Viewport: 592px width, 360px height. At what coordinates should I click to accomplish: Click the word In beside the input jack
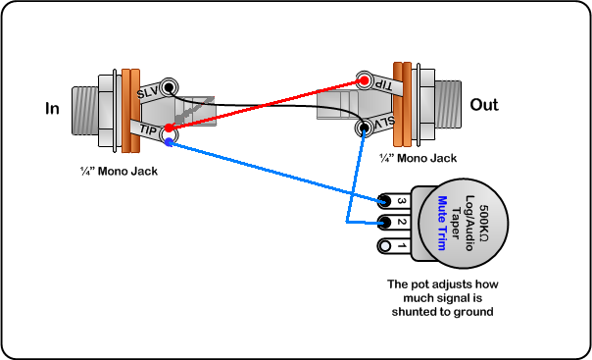[52, 109]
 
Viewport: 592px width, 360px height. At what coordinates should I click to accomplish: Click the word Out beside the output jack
[483, 105]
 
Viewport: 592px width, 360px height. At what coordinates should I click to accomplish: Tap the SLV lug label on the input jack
[148, 92]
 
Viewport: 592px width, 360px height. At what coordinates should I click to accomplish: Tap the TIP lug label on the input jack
[148, 129]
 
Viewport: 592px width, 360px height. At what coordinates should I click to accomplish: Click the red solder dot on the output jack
[364, 80]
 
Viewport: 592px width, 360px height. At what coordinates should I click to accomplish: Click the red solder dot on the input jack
[170, 129]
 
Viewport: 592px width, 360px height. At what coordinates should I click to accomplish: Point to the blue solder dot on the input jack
[169, 142]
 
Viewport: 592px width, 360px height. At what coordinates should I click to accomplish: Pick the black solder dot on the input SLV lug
[169, 87]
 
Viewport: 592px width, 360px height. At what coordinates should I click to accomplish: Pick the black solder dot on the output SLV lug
[364, 128]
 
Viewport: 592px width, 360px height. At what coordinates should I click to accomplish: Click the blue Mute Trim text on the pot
[442, 223]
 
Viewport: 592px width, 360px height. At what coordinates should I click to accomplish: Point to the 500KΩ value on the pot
[483, 224]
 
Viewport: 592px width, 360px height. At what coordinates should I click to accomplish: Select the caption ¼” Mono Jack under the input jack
[119, 171]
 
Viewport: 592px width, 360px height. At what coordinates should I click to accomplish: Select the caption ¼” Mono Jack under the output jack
[418, 158]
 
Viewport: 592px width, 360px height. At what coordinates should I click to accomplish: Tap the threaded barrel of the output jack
[448, 105]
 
